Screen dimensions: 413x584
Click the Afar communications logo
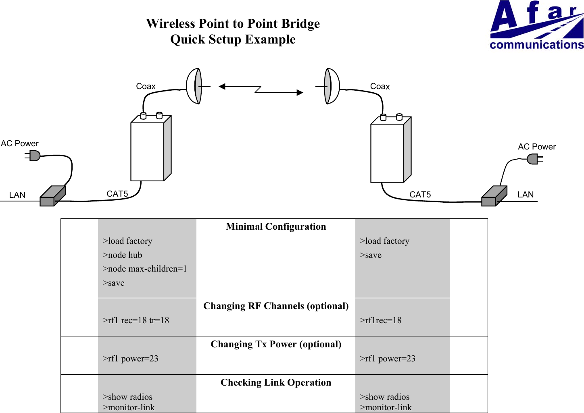click(x=536, y=25)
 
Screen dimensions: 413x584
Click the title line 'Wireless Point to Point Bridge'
click(x=233, y=24)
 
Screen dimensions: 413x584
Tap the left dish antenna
click(x=194, y=86)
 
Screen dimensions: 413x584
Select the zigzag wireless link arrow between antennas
click(x=261, y=89)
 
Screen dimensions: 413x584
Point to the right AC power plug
click(x=534, y=159)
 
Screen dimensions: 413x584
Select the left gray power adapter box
click(x=52, y=196)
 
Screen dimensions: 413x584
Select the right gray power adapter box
click(x=494, y=196)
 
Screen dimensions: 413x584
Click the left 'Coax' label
click(x=146, y=86)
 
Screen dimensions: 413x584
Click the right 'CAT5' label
click(x=420, y=195)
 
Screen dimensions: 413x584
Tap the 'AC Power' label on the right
click(x=536, y=147)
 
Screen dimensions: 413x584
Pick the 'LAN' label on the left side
click(x=17, y=195)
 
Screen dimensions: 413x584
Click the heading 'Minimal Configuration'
click(x=276, y=226)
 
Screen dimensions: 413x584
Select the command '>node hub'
click(x=122, y=255)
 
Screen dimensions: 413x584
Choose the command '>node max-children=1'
click(x=144, y=269)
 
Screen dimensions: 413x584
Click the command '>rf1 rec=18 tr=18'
click(x=136, y=320)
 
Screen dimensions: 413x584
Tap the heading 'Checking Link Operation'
click(x=276, y=382)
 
